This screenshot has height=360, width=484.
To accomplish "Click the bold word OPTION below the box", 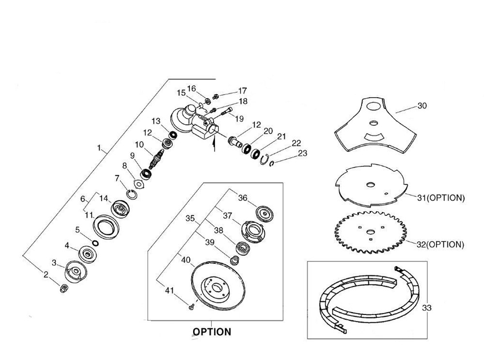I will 212,332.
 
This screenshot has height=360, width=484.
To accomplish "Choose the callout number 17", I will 242,90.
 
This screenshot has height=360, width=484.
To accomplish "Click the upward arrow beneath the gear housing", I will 213,144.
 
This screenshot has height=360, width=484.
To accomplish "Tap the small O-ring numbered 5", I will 95,242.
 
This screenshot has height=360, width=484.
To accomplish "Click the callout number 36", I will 242,197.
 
